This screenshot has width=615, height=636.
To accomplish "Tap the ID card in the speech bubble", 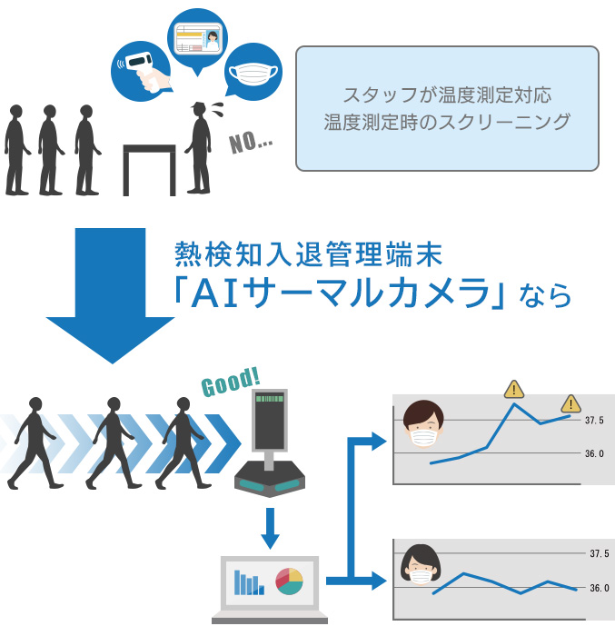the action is tap(198, 39).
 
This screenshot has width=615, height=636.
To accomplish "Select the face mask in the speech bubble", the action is tap(253, 74).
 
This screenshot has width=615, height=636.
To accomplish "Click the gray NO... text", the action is tap(251, 143).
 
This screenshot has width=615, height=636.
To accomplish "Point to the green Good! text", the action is tap(231, 383).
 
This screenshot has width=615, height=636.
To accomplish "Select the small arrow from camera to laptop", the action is tap(270, 528).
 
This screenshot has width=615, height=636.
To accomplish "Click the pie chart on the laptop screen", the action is tap(289, 581).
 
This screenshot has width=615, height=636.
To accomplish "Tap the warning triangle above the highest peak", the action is tap(514, 389).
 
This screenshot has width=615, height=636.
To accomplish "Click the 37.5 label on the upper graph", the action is tap(594, 420).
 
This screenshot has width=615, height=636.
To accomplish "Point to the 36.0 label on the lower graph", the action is tap(600, 588).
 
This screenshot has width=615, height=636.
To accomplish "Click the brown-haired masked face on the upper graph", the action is tap(423, 423).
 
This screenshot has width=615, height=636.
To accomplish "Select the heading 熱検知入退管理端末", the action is tap(308, 253).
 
